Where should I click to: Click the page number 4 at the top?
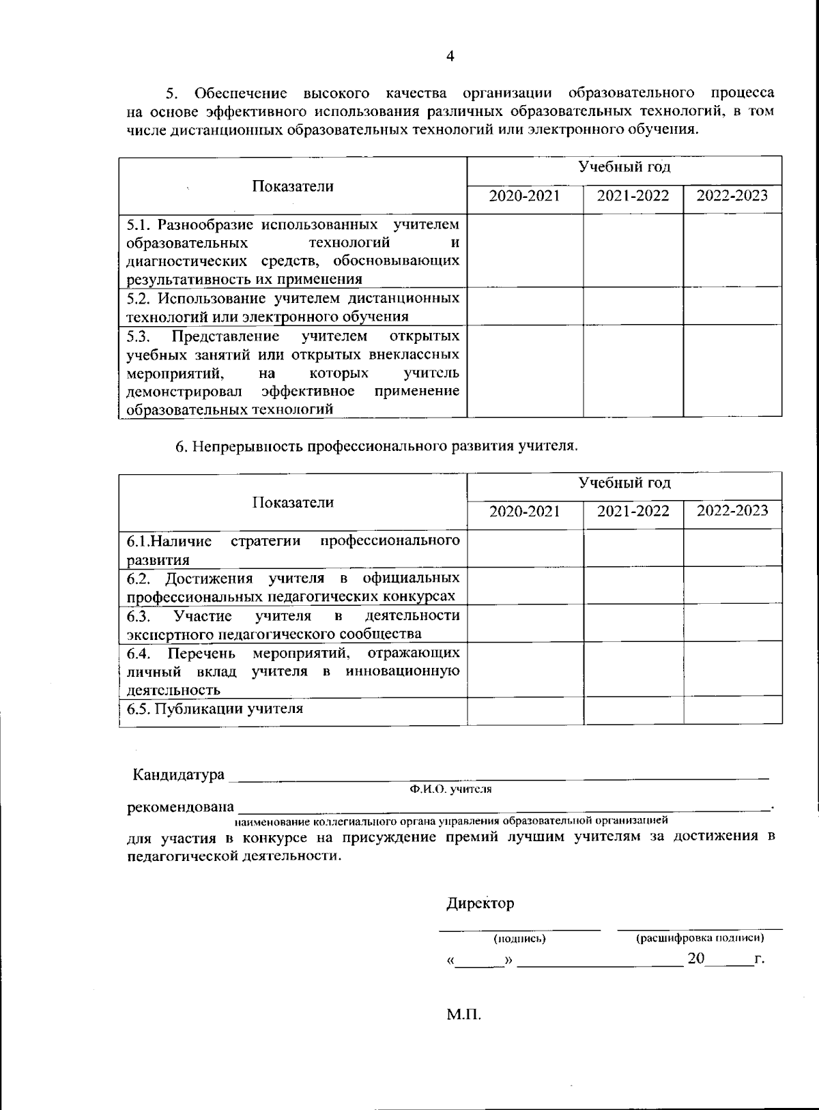pyautogui.click(x=450, y=57)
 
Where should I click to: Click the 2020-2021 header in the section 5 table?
pyautogui.click(x=524, y=196)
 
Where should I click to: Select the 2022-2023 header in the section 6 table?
pyautogui.click(x=732, y=511)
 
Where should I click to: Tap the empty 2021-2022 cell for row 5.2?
pyautogui.click(x=633, y=306)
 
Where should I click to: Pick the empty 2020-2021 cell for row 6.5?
pyautogui.click(x=524, y=710)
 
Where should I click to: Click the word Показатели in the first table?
pyautogui.click(x=293, y=186)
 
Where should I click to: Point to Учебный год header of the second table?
pyautogui.click(x=624, y=484)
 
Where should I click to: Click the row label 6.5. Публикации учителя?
pyautogui.click(x=215, y=709)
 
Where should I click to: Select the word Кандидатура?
pyautogui.click(x=178, y=775)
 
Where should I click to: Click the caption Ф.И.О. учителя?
pyautogui.click(x=450, y=789)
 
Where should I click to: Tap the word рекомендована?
pyautogui.click(x=180, y=807)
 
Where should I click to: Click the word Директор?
pyautogui.click(x=480, y=903)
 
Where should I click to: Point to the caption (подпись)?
pyautogui.click(x=519, y=939)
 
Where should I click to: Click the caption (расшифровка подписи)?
pyautogui.click(x=700, y=939)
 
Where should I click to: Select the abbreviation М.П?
pyautogui.click(x=464, y=1014)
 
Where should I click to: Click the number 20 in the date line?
pyautogui.click(x=695, y=958)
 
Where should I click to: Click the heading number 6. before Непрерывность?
pyautogui.click(x=181, y=447)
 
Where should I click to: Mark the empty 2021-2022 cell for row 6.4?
pyautogui.click(x=633, y=669)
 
